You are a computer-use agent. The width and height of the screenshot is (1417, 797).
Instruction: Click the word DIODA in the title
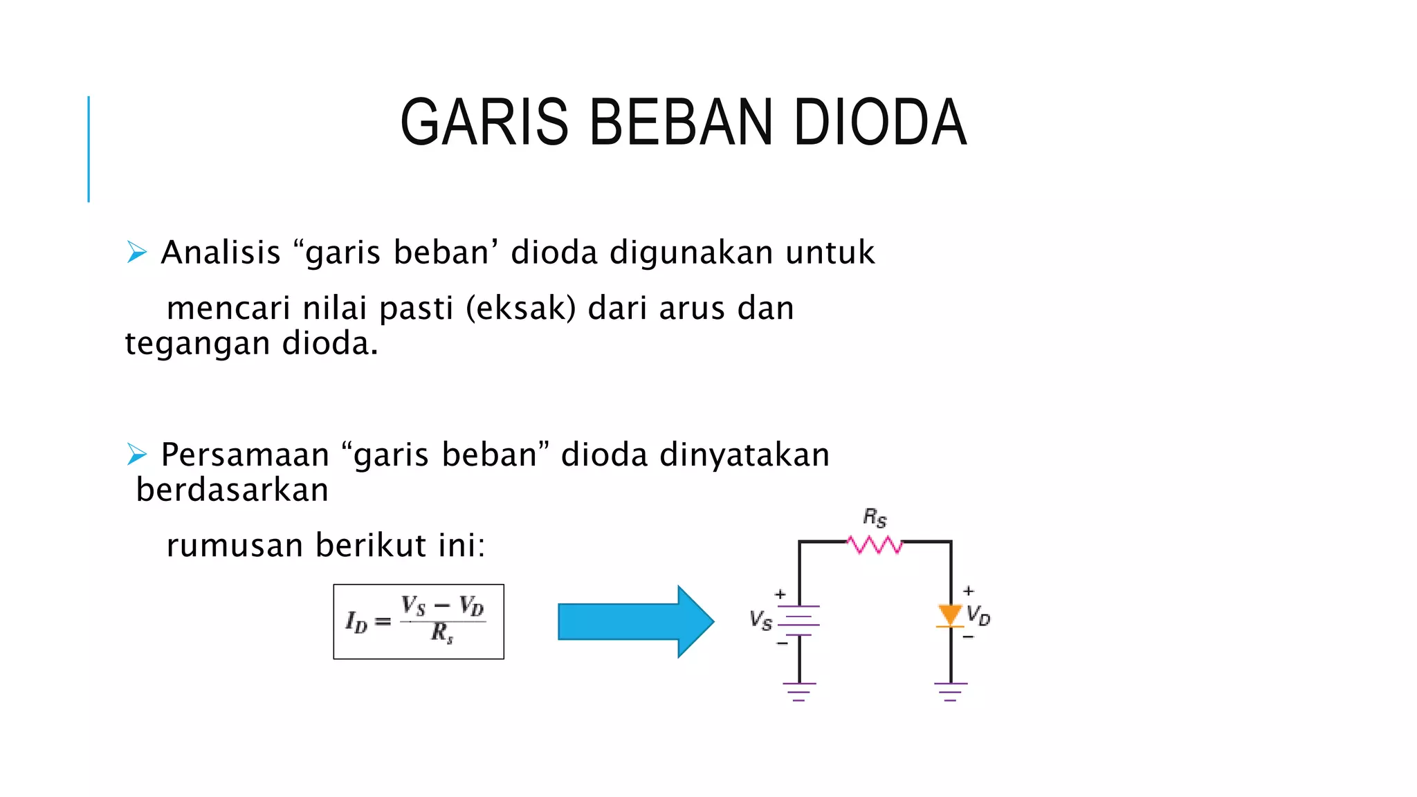(x=879, y=123)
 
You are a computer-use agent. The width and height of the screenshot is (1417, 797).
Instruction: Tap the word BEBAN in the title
(x=681, y=123)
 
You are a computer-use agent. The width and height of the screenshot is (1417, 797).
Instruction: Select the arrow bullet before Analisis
(x=137, y=253)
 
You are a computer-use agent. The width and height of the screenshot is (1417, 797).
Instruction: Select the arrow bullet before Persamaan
(x=137, y=455)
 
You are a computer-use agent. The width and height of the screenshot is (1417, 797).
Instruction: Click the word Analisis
(x=221, y=252)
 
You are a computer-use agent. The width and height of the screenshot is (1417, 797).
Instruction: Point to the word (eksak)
(x=520, y=308)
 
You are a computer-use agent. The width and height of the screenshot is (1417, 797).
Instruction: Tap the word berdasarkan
(x=232, y=490)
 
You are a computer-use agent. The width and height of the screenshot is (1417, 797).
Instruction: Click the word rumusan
(x=235, y=545)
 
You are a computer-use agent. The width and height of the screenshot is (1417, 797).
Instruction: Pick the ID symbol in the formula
(x=356, y=622)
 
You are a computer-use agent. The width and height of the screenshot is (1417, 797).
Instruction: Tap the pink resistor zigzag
(x=875, y=545)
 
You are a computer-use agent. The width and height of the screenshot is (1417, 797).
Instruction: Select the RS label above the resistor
(x=875, y=517)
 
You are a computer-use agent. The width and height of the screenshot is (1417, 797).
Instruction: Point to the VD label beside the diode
(x=978, y=615)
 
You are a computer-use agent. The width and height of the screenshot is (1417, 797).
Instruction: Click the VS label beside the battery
(x=760, y=620)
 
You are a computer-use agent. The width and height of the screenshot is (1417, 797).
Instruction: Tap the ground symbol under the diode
(x=951, y=691)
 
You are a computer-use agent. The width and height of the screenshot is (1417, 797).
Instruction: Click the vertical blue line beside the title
(x=89, y=149)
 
